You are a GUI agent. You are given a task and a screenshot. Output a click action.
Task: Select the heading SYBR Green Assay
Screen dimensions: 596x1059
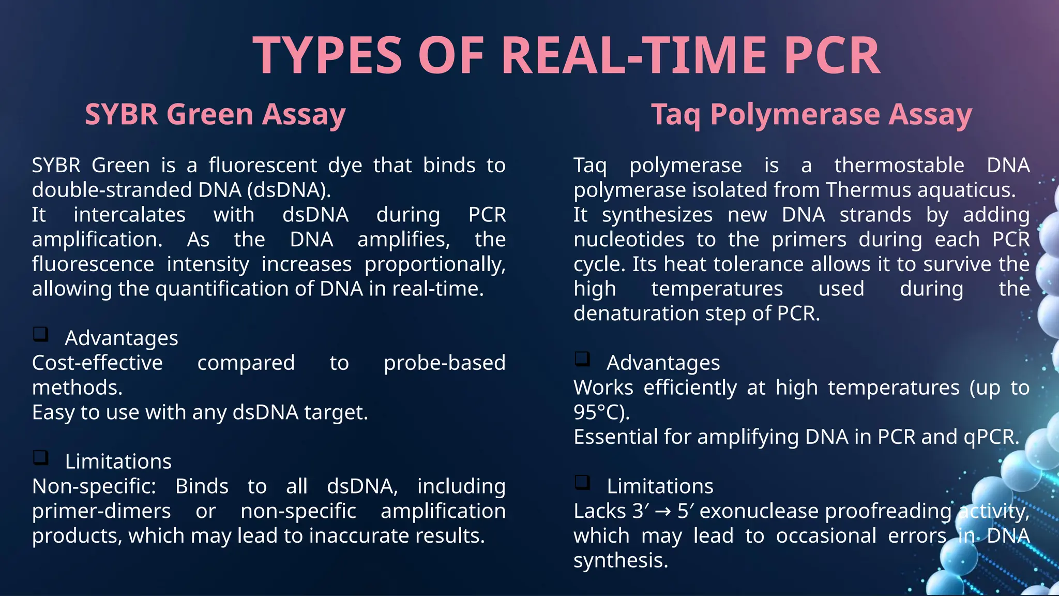pyautogui.click(x=215, y=114)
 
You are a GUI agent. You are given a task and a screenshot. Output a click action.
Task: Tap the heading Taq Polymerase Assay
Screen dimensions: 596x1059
pyautogui.click(x=811, y=114)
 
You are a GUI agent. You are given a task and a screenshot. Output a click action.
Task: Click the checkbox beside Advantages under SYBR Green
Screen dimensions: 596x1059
pyautogui.click(x=41, y=334)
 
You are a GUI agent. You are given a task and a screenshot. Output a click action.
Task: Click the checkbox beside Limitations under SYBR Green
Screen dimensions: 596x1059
pyautogui.click(x=41, y=457)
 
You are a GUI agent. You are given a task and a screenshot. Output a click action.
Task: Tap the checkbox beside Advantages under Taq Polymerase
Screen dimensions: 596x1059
pyautogui.click(x=583, y=359)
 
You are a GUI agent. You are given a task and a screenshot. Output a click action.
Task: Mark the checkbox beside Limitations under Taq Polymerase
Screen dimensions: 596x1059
pyautogui.click(x=583, y=482)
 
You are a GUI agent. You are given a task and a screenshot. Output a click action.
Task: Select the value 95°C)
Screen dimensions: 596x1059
pyautogui.click(x=602, y=412)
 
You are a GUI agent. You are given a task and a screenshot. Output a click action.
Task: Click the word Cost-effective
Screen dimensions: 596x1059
pyautogui.click(x=97, y=363)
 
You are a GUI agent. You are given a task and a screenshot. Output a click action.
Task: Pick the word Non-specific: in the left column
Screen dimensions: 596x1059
pyautogui.click(x=94, y=486)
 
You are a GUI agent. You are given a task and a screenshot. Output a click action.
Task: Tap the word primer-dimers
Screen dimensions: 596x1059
pyautogui.click(x=101, y=511)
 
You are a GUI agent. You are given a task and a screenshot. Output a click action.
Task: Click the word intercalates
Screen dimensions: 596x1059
pyautogui.click(x=129, y=215)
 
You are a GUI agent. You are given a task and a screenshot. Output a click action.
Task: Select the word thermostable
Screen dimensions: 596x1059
pyautogui.click(x=899, y=166)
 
